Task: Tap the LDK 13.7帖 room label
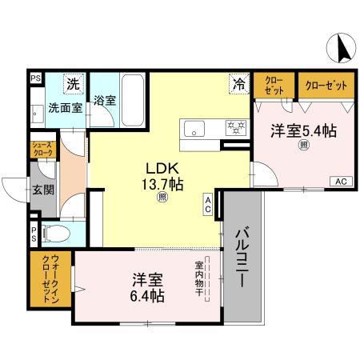coord(163,176)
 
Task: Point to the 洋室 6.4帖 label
coord(148,288)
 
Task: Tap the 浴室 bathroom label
coord(105,102)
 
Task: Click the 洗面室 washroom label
coord(64,107)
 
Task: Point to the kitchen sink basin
coord(194,127)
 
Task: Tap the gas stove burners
coord(236,126)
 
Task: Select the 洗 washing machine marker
coord(73,83)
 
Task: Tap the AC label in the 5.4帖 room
coord(340,181)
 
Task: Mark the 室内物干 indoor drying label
coord(198,278)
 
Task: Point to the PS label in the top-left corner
coord(35,78)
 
